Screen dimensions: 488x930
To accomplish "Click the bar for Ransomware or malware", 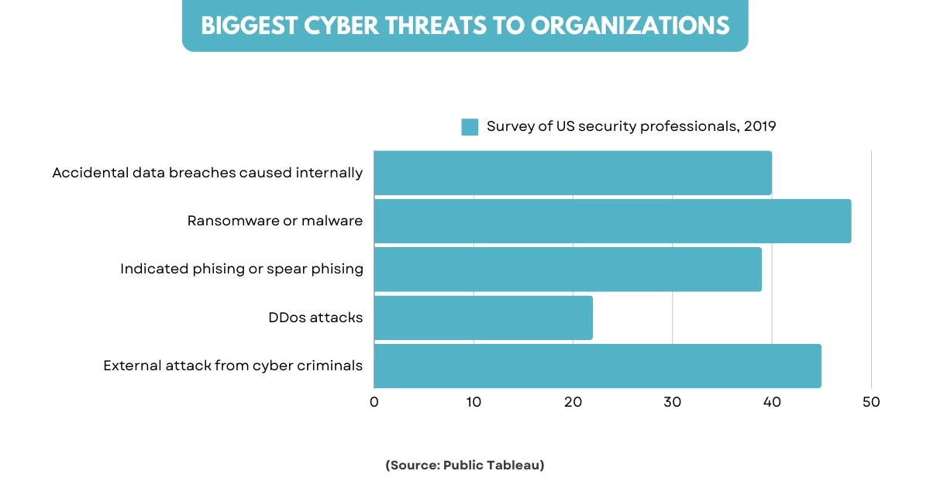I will [612, 221].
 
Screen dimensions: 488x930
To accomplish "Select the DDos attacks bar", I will [483, 318].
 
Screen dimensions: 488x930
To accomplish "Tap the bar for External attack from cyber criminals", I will [597, 366].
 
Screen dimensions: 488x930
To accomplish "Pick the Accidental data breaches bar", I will [573, 173].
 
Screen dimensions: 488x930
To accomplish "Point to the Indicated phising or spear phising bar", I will [567, 270].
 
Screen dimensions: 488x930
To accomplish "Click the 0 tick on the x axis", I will [374, 402].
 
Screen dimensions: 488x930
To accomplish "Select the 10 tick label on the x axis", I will [474, 402].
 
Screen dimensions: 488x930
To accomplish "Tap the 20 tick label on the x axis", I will [573, 402].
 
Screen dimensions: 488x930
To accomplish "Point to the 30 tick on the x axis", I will [672, 402].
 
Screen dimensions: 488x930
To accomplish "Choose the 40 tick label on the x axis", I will [772, 402].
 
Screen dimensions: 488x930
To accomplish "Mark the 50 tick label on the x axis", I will [871, 402].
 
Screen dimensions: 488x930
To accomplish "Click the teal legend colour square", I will [470, 127].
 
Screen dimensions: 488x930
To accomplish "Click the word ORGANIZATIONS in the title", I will [630, 26].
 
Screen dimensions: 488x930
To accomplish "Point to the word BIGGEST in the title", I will [241, 26].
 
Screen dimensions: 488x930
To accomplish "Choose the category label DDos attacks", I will [315, 318].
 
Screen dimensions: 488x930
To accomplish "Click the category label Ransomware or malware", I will [275, 221].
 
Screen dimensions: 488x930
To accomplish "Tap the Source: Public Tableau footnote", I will [465, 465].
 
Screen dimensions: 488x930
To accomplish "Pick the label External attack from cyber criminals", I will [233, 366].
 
